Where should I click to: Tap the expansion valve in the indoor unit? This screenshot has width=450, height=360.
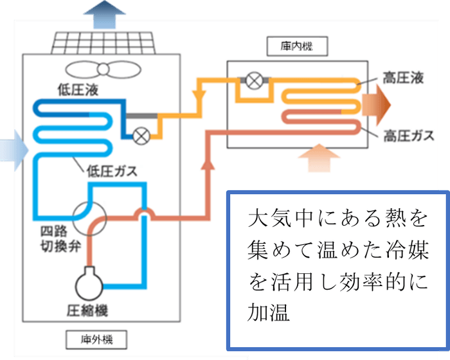tap(255, 81)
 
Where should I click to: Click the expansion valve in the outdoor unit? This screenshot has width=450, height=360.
tap(140, 135)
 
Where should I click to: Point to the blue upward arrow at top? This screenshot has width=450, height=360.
tap(101, 14)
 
